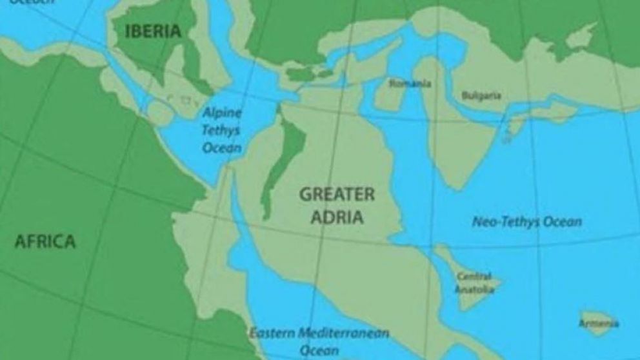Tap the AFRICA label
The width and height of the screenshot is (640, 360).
(45, 242)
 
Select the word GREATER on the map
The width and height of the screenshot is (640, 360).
(336, 194)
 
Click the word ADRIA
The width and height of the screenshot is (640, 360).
(337, 217)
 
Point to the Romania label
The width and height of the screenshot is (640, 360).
(410, 83)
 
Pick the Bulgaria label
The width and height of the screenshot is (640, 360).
(481, 95)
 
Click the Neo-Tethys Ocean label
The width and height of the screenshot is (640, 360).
(526, 223)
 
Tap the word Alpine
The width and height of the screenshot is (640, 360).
(223, 113)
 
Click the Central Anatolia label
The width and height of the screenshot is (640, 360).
(475, 283)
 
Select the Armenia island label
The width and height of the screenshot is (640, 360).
(599, 323)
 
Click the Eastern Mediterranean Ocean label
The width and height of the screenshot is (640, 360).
(319, 341)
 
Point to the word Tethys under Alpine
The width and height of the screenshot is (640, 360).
(221, 130)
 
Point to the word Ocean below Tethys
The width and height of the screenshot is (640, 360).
(222, 148)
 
